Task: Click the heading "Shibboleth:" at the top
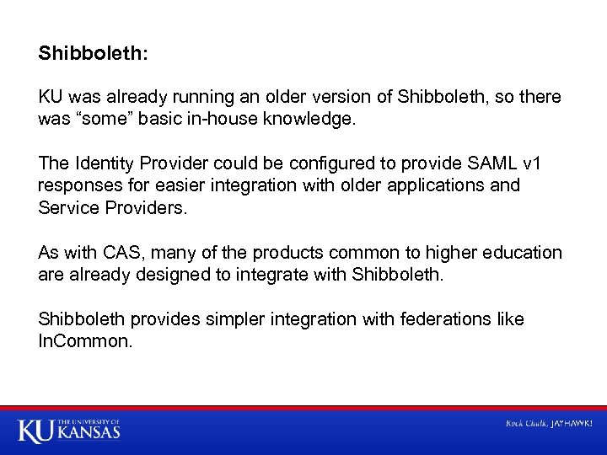[x=93, y=53]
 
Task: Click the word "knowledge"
[x=312, y=120]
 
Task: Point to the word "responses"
[x=79, y=185]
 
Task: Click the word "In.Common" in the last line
[x=85, y=341]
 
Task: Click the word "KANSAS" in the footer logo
[x=89, y=433]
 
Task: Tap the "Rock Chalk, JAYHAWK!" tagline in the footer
[x=548, y=423]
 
